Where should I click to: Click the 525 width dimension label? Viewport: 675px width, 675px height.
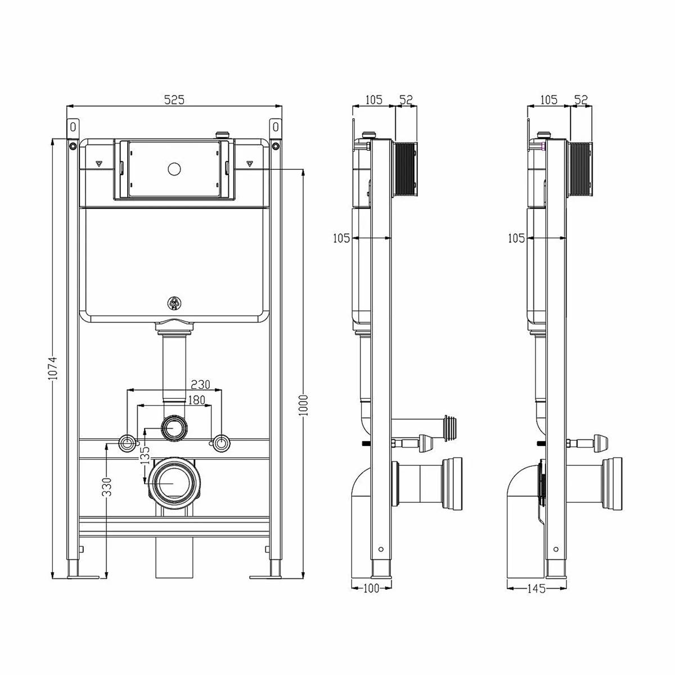[174, 100]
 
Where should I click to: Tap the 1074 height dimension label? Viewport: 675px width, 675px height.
[52, 368]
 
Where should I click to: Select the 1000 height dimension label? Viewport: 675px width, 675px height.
[303, 405]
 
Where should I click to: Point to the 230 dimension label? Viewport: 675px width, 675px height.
[200, 385]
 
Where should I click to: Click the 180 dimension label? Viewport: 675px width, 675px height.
[197, 400]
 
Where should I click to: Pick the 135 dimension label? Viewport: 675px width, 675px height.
[145, 455]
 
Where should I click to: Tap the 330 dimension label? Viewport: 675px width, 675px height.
[106, 487]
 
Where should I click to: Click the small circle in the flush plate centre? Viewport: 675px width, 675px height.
[174, 169]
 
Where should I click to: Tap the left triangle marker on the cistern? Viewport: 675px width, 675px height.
[99, 163]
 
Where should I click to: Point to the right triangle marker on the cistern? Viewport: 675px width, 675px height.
[249, 163]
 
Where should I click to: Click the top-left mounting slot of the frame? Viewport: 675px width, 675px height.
[73, 127]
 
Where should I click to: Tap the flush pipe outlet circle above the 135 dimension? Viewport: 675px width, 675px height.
[174, 427]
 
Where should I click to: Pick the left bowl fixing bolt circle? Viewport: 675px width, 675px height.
[127, 443]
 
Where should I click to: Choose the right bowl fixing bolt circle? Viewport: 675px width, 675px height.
[222, 443]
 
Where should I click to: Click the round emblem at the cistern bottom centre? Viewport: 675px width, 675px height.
[174, 303]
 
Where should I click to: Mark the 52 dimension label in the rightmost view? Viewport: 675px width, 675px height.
[580, 100]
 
